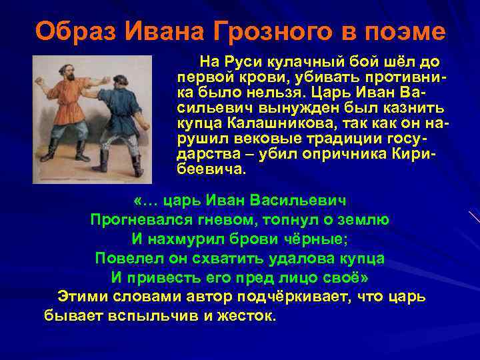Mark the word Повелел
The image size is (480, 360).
pyautogui.click(x=129, y=257)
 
